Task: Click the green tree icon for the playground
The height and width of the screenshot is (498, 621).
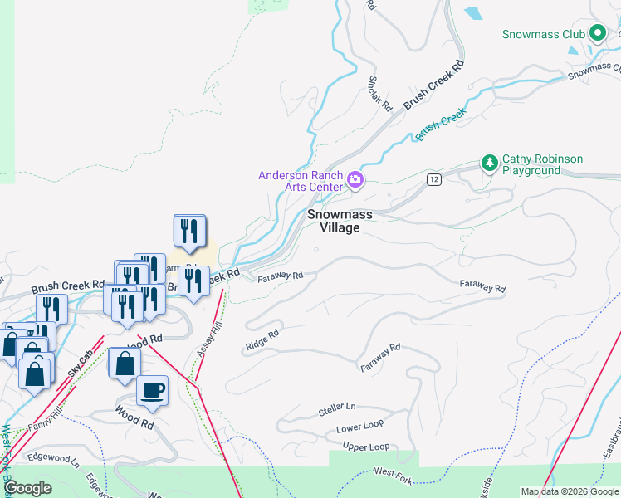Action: (x=490, y=163)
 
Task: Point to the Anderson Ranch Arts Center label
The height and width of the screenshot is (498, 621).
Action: (x=301, y=181)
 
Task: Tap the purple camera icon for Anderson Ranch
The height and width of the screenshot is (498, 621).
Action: (x=355, y=180)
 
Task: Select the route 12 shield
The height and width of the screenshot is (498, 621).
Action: (x=433, y=179)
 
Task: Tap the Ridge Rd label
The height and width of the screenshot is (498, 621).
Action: (x=262, y=339)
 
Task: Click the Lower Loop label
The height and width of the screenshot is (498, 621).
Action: (x=359, y=429)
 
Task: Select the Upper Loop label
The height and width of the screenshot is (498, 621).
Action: (x=366, y=447)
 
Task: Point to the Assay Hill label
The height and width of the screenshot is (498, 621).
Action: (x=210, y=339)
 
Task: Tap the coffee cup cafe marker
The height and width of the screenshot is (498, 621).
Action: (x=152, y=390)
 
